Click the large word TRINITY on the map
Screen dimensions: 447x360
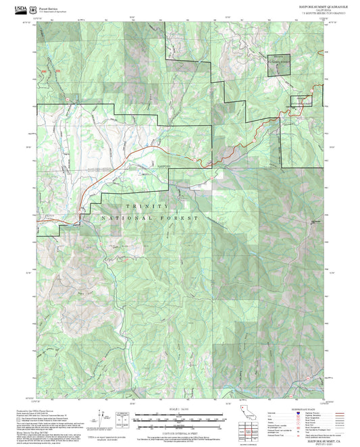147,206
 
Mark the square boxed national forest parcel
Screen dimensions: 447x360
280,63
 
